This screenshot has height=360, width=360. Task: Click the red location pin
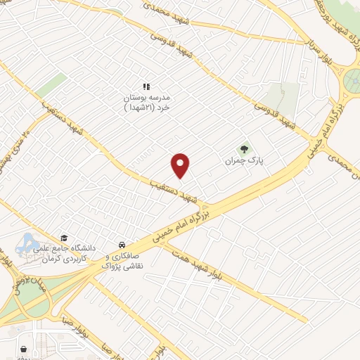pos(181,165)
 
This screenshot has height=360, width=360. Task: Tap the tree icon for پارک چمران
pos(244,149)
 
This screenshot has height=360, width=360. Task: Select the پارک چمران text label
pos(243,161)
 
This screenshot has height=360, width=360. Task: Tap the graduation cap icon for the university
pos(65,238)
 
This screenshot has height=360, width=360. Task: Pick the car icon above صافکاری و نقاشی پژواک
pos(122,245)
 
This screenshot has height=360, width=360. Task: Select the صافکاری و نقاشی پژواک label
pos(127,262)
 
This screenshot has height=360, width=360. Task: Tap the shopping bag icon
pos(26,349)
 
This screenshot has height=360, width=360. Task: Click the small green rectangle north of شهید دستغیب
pos(51,85)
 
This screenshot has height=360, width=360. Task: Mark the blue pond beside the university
pos(29,243)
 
